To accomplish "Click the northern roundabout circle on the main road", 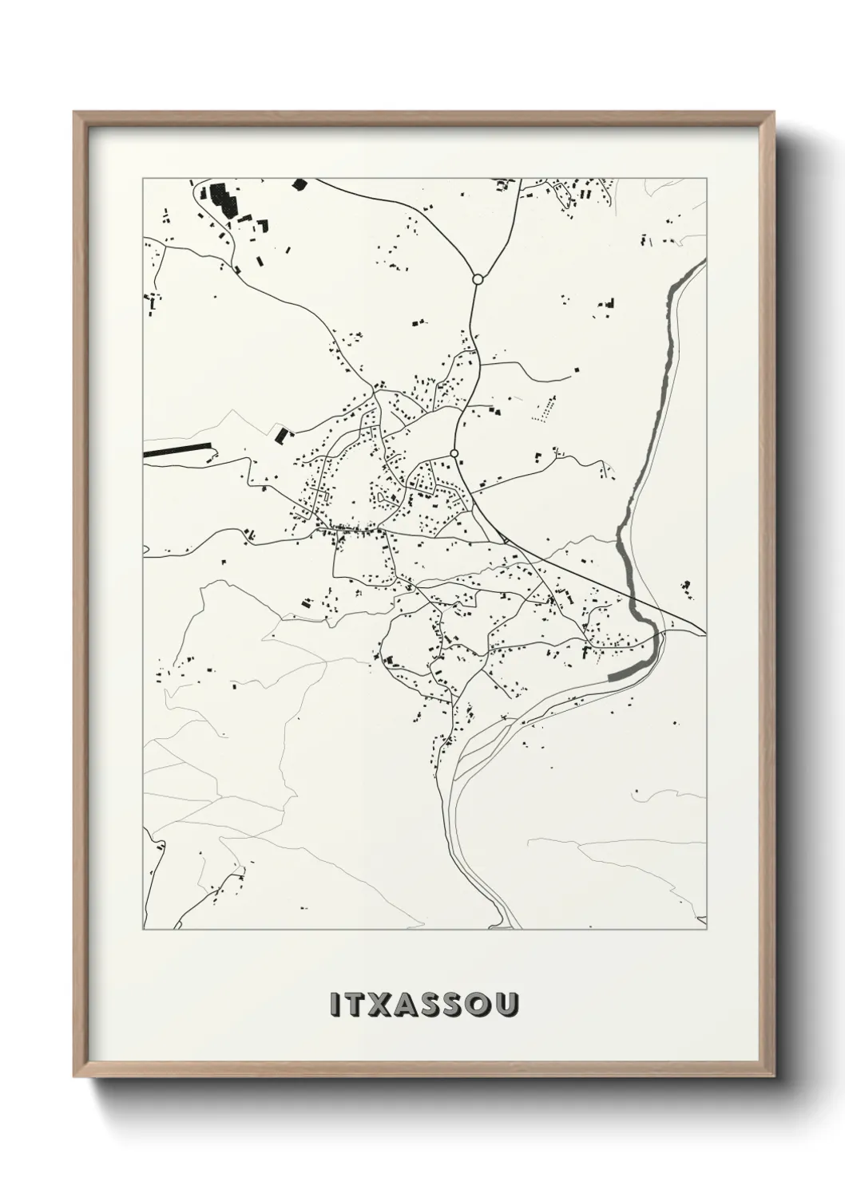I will [x=478, y=279].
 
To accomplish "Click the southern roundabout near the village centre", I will [x=454, y=453].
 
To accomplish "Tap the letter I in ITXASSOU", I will [x=335, y=1005].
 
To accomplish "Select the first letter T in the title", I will [x=358, y=1005].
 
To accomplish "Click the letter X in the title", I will [x=385, y=1005].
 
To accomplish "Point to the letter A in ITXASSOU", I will [x=413, y=1005].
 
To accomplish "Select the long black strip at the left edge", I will [x=177, y=452].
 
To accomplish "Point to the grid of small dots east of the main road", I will [x=545, y=409].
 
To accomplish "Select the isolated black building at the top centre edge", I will [x=300, y=184].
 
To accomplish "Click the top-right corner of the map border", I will [x=707, y=179].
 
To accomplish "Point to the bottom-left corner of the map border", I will [x=143, y=930].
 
